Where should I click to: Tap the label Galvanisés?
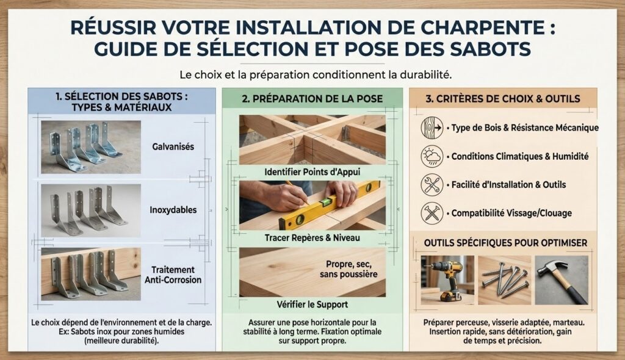coord(173,146)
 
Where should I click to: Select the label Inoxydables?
coord(173,210)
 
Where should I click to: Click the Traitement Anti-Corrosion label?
coord(173,275)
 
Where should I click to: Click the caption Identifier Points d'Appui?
coord(312,172)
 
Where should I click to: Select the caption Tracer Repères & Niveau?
coord(312,237)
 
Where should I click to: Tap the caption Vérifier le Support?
coord(312,304)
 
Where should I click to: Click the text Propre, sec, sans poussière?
coord(349,269)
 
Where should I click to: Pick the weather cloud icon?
coord(432,156)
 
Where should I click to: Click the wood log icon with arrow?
coord(432,128)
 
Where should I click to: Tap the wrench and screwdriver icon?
coord(432,185)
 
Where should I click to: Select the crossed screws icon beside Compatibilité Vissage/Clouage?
coord(432,213)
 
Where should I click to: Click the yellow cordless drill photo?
coord(447,280)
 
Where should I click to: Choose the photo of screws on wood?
coord(505,280)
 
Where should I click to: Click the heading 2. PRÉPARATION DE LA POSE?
coord(312,99)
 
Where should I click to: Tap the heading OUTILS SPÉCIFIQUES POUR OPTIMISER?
coord(505,243)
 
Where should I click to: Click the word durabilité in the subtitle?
coord(425,74)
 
